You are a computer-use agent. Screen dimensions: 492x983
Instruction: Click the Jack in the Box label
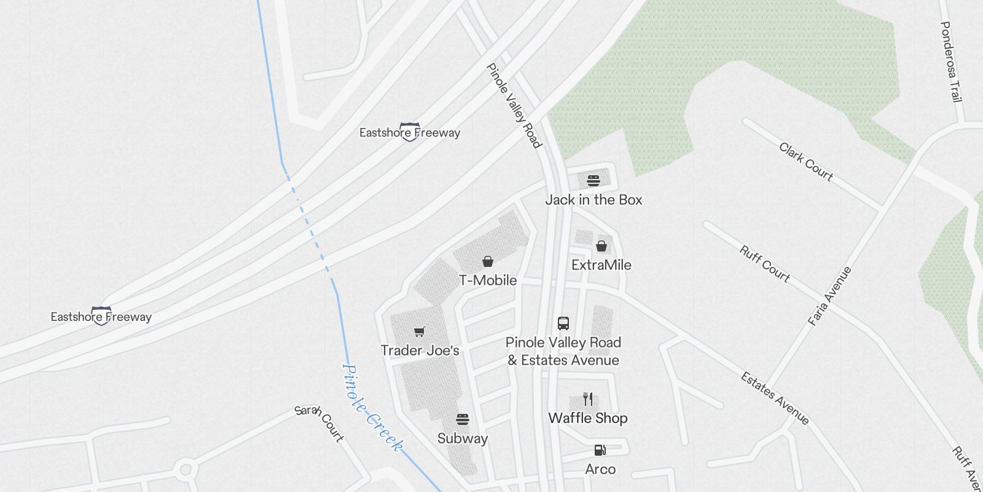point(593,200)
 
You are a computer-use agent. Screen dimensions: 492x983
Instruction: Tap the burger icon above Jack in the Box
point(593,181)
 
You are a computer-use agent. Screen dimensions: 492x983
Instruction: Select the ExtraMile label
point(601,265)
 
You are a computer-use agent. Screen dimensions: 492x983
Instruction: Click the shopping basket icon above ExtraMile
point(601,246)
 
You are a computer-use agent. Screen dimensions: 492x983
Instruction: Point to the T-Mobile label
point(488,280)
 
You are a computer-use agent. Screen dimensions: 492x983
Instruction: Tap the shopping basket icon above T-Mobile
point(488,261)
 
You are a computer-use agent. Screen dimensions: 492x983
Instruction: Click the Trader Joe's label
point(420,351)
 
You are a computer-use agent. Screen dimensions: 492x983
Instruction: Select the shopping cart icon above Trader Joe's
point(420,332)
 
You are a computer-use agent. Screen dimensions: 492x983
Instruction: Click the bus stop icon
point(563,323)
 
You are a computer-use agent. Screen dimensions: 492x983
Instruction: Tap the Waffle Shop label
point(588,418)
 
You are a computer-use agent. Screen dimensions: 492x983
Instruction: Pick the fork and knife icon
point(588,399)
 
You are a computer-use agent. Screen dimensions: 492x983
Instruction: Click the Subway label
point(463,438)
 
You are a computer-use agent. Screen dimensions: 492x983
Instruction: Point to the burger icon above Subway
point(463,419)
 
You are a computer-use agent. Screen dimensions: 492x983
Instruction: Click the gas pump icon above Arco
point(600,450)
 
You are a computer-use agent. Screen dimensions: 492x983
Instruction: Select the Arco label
point(600,469)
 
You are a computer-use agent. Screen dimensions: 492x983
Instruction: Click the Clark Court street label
point(806,162)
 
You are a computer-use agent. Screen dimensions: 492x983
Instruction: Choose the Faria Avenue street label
point(829,296)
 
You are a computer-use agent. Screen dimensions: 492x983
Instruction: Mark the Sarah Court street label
point(319,423)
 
